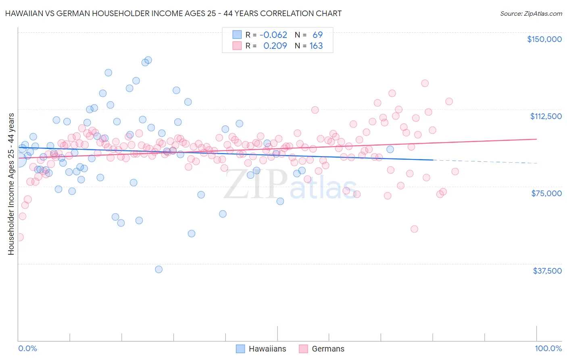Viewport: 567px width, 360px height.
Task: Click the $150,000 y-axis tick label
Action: tap(544, 39)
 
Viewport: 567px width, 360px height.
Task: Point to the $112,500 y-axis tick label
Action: tap(546, 116)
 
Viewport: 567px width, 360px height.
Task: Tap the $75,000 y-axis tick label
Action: tap(546, 193)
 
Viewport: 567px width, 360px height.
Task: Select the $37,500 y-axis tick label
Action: tap(547, 271)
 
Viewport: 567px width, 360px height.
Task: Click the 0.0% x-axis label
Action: tap(27, 348)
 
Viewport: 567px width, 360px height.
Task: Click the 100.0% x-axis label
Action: tap(548, 348)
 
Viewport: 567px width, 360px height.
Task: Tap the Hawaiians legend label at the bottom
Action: tap(267, 349)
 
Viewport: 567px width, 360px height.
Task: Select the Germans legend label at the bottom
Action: tap(328, 349)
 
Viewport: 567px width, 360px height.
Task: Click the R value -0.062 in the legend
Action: tap(273, 35)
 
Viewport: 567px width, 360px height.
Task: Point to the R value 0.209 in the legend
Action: tap(275, 46)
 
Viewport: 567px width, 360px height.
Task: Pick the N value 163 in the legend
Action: tap(316, 46)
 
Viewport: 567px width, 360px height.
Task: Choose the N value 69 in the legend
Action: tap(317, 35)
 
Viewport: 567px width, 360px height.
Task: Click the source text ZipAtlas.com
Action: tap(531, 13)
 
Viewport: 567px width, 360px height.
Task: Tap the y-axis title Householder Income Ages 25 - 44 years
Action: tap(11, 184)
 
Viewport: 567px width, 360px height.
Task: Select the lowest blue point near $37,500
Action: tap(159, 269)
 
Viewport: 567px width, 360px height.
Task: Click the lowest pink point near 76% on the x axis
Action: tap(414, 229)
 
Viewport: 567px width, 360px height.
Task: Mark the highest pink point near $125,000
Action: tap(425, 83)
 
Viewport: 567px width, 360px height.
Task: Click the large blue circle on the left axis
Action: tap(19, 160)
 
